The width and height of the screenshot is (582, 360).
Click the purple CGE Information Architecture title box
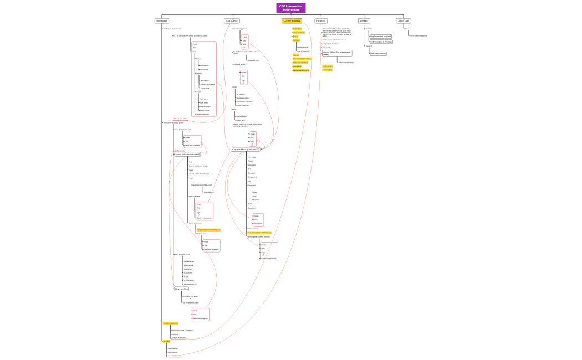[291, 8]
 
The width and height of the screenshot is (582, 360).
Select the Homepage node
[162, 21]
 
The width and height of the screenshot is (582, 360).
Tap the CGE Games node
[232, 21]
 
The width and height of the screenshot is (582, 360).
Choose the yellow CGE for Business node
[292, 21]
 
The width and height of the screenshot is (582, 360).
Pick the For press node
[321, 21]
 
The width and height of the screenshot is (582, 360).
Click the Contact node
[364, 21]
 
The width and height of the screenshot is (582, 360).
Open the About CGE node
[403, 21]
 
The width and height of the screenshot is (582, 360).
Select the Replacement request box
[380, 36]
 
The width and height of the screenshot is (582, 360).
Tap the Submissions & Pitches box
[381, 42]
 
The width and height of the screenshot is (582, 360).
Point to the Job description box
[379, 53]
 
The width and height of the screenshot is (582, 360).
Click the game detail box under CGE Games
[246, 149]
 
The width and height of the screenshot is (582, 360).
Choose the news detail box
[187, 155]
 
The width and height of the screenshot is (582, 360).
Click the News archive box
[182, 289]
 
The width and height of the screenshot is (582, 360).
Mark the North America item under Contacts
[303, 47]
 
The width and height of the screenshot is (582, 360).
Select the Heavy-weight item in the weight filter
[205, 110]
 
